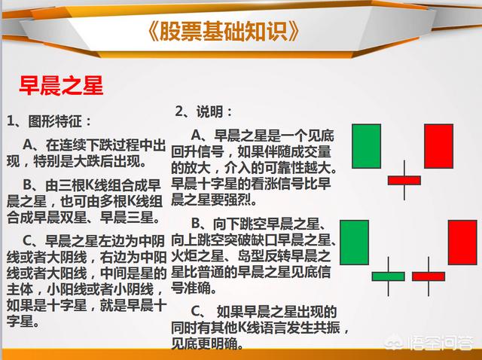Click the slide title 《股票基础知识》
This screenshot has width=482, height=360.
tap(224, 31)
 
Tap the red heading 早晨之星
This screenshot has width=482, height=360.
tap(61, 85)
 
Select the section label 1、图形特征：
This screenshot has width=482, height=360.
tap(49, 121)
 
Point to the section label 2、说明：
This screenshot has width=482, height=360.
tap(204, 111)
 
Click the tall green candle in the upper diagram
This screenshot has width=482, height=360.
tap(367, 146)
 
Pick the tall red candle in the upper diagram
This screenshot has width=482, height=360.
tap(438, 146)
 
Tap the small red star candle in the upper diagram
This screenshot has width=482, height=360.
tap(404, 181)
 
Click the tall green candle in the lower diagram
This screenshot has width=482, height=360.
tap(355, 243)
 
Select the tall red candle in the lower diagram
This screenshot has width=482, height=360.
tap(462, 243)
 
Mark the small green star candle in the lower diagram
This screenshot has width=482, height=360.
tap(389, 276)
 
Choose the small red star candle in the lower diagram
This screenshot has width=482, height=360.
tap(429, 276)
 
